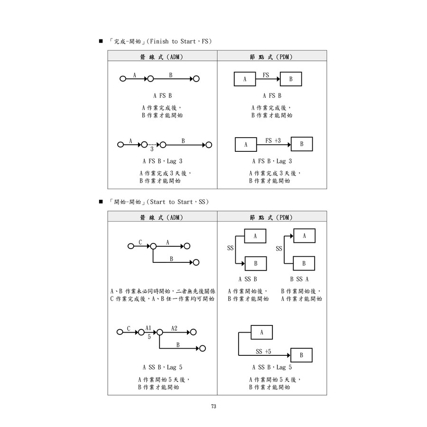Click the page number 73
point(213,406)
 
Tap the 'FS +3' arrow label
point(273,141)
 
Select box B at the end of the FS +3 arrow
point(301,144)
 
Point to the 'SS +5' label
point(263,352)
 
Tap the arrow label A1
point(149,328)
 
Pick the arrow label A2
point(174,328)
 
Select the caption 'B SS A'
point(299,279)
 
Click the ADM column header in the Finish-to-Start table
point(162,57)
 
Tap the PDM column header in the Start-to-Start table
point(271,217)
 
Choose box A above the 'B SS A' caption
point(304,236)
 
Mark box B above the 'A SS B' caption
point(255,263)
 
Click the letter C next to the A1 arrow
point(129,328)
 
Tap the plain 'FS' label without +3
point(266,75)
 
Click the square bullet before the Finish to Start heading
point(101,42)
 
